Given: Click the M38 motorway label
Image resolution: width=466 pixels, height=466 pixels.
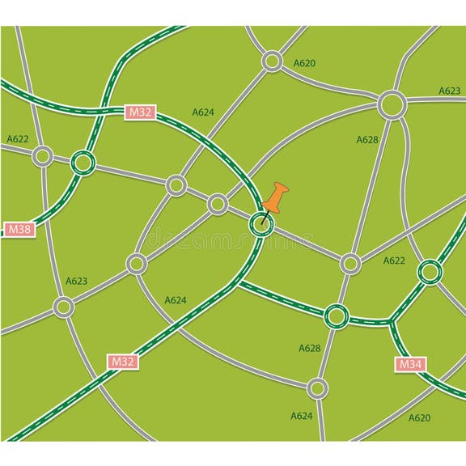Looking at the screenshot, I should (19, 229).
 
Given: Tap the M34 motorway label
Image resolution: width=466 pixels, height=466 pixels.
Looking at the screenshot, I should (410, 365).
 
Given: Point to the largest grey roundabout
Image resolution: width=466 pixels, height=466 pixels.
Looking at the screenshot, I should (392, 104).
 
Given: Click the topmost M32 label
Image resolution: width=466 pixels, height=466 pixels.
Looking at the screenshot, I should (139, 112).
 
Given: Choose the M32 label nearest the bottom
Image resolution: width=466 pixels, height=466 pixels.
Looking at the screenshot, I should (122, 362).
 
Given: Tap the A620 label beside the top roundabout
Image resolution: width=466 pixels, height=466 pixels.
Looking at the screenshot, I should (304, 62).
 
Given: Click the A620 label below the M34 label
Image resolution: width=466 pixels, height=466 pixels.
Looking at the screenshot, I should (419, 417).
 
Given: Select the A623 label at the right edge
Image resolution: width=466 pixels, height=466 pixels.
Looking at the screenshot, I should (450, 91).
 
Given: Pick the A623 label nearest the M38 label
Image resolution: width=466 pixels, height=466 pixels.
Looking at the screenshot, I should (76, 281).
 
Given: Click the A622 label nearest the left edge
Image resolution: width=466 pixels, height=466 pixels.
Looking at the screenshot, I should (18, 139).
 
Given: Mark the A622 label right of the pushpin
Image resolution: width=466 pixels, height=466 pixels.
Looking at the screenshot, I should (394, 261).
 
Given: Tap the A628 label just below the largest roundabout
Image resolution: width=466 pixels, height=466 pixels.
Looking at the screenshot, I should (367, 140).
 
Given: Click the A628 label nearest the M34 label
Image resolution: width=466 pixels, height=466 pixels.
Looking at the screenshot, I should (310, 348).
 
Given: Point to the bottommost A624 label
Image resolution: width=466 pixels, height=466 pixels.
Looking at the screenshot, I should (301, 416).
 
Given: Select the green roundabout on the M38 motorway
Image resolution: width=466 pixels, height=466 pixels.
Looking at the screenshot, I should (82, 163).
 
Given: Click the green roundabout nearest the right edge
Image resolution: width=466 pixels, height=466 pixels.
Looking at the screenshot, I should (430, 272).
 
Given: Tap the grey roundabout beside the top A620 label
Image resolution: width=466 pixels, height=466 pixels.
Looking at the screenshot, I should (273, 61).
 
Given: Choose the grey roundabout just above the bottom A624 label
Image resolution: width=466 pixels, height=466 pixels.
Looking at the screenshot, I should (318, 389).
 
